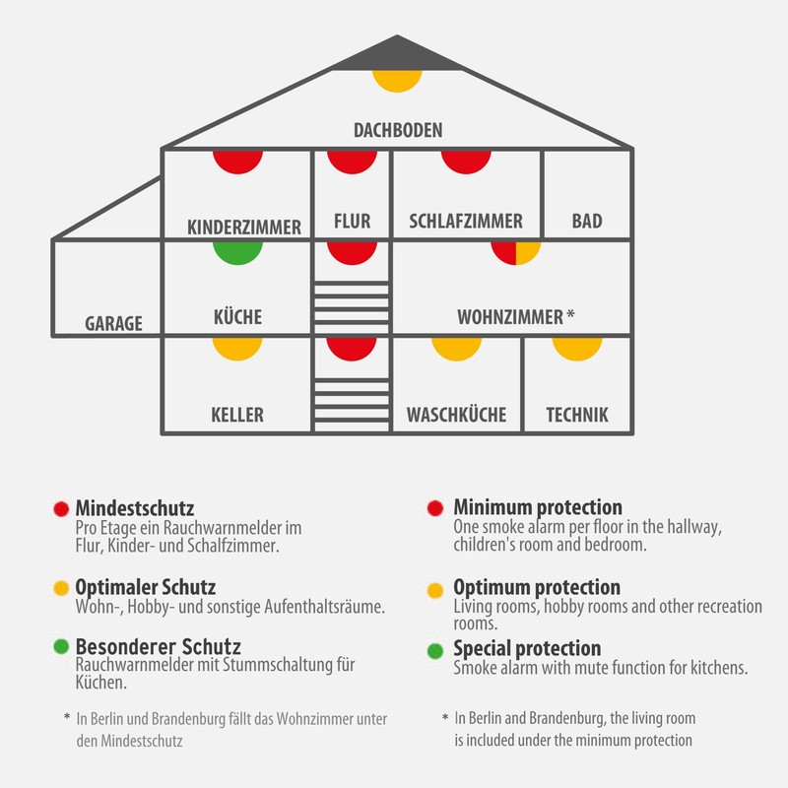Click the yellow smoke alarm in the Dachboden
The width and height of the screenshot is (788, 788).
point(397,80)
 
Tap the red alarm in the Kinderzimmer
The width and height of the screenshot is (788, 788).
point(237,160)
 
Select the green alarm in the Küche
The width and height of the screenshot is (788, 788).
point(237,251)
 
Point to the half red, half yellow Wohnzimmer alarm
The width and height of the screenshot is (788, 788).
point(516,251)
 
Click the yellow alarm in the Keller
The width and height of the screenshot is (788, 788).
point(237,346)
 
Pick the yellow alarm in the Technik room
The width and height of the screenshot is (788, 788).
point(577,346)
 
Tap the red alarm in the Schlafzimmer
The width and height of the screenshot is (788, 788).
point(466,160)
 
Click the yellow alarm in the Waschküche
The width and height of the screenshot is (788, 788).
point(457,346)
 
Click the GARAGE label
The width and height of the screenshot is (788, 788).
point(113,323)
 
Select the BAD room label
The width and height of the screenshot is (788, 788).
point(587,222)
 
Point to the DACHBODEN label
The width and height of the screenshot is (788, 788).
point(398,130)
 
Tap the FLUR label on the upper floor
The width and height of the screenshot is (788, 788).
point(352,222)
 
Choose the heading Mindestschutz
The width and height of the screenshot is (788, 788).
point(135,508)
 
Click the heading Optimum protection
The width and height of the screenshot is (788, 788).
point(537,588)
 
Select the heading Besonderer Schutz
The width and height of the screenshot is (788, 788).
point(159,647)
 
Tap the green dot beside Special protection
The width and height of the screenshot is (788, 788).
point(434,650)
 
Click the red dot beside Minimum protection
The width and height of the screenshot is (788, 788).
point(434,509)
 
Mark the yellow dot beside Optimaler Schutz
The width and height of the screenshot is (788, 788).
point(61,589)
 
